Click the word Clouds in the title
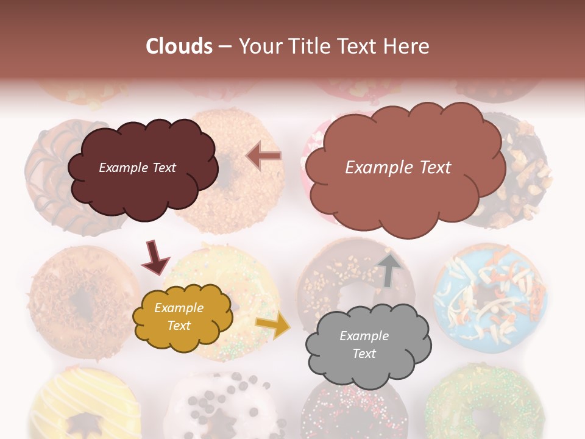(x=179, y=46)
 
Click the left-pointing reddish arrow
(x=264, y=156)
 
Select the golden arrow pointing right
(x=272, y=326)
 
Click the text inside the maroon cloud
(x=137, y=168)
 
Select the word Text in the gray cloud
(x=364, y=354)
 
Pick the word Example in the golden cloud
(x=179, y=309)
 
